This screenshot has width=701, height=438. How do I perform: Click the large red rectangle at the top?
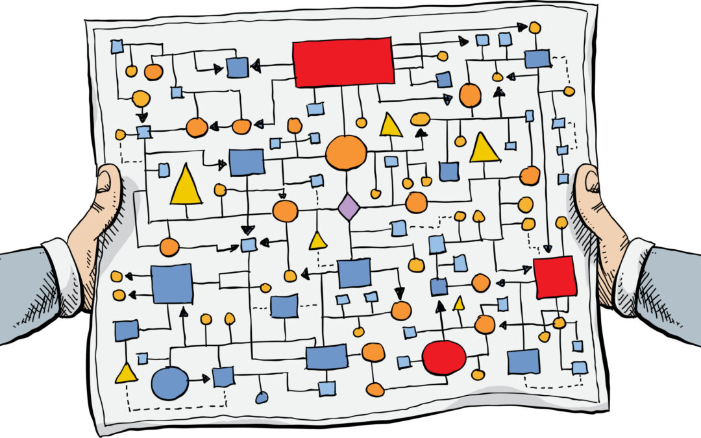(x=343, y=62)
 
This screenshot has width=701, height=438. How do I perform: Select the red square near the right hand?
(x=554, y=277)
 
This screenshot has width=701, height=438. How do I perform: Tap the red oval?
(x=444, y=358)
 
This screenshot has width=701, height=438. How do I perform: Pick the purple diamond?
(x=349, y=207)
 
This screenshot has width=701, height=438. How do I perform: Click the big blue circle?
(x=169, y=383)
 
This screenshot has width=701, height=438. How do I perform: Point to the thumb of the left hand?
(x=108, y=186)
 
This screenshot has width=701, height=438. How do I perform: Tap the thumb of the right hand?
(x=589, y=185)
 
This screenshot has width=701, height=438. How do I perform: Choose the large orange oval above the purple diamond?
(x=346, y=152)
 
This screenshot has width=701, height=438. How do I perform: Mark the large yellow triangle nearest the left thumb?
(x=186, y=186)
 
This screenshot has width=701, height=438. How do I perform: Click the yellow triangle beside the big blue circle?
(x=126, y=373)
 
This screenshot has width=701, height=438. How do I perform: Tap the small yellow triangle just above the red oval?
(x=459, y=304)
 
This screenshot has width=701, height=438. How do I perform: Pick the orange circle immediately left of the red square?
(x=480, y=283)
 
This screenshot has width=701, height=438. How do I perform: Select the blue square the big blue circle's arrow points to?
(x=223, y=376)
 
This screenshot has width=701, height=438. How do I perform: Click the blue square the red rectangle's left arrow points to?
(x=237, y=67)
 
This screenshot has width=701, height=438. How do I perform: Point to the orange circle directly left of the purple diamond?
(x=285, y=211)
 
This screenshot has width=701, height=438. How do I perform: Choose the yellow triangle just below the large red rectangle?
(x=391, y=125)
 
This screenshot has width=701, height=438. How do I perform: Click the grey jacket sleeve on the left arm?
(x=26, y=292)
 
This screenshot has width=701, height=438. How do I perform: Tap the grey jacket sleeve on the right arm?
(x=672, y=292)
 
